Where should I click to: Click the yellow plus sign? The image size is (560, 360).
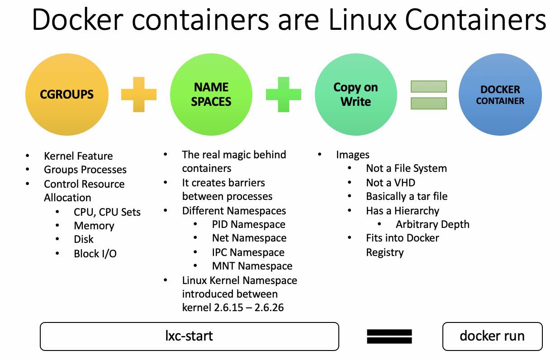139,94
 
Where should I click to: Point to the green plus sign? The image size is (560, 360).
284,94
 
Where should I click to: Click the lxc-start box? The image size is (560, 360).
189,336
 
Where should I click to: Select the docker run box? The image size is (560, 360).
492,336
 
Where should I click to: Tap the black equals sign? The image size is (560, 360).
389,336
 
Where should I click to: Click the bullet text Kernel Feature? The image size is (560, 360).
78,156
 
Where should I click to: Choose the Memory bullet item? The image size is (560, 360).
94,226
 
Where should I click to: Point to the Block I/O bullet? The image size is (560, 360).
95,254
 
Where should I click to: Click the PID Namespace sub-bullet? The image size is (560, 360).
248,224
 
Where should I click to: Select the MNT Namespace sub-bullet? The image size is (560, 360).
252,266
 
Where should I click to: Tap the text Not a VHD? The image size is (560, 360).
390,183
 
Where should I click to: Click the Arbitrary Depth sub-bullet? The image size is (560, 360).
432,224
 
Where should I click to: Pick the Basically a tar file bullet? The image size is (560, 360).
406,196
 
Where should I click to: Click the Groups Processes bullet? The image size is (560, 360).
85,170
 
